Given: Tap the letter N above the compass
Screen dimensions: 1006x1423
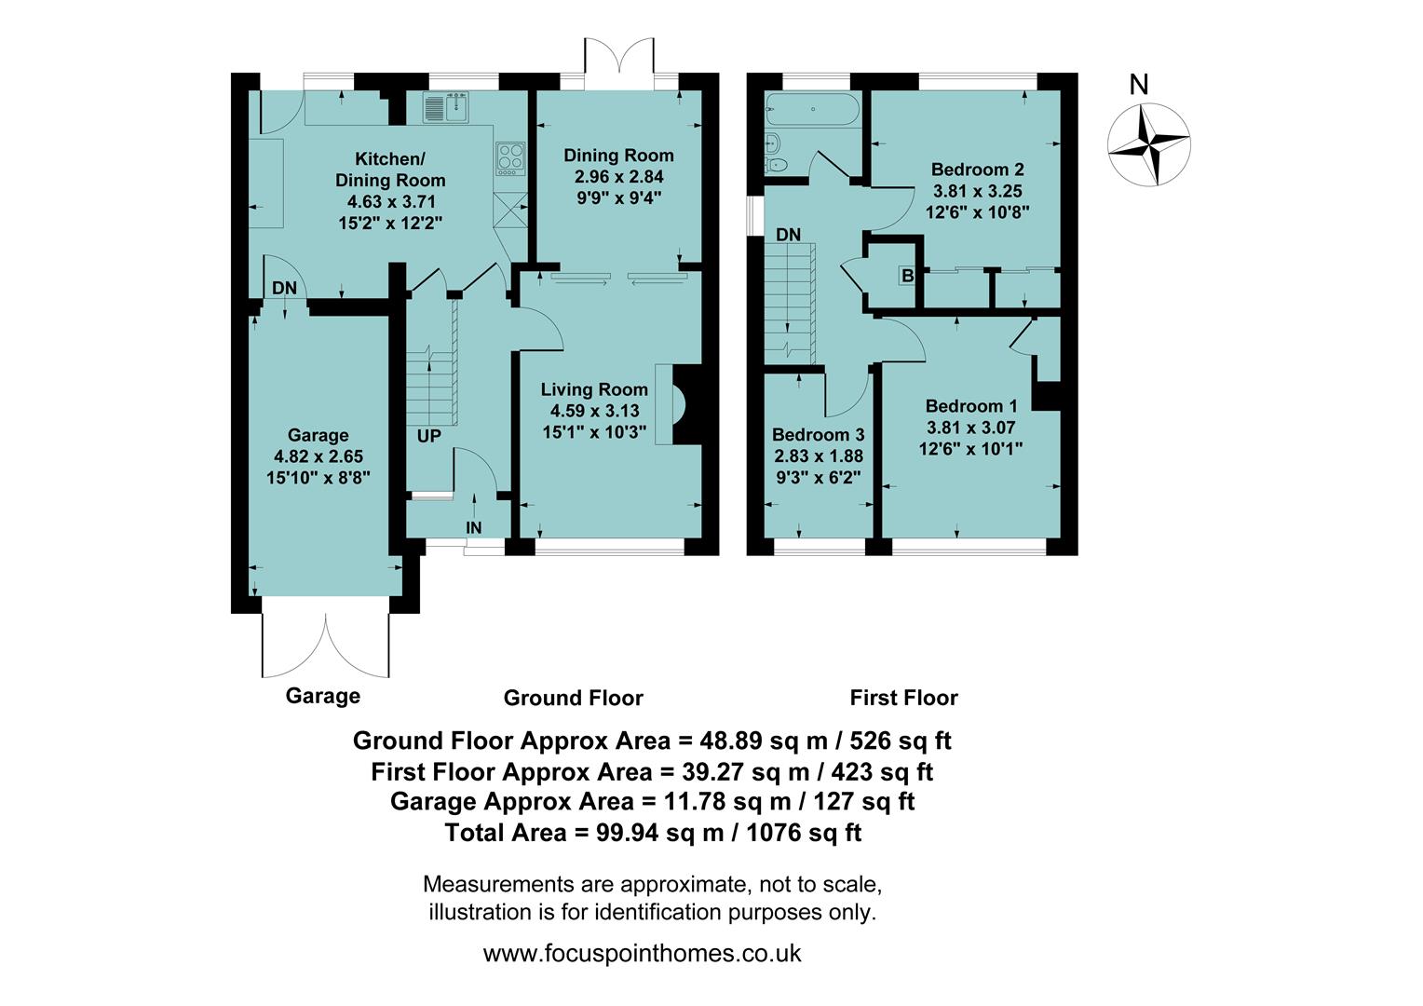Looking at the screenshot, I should point(1138,85).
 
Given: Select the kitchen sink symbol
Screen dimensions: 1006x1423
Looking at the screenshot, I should point(445,108).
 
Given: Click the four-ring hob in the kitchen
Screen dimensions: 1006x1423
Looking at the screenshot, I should point(510,158).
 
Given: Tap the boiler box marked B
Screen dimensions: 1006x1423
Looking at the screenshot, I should point(907,276).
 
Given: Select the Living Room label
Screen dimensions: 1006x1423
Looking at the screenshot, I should point(594,389).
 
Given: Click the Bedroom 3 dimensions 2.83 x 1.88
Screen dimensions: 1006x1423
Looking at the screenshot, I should point(819,456).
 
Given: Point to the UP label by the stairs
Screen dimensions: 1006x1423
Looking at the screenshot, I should point(428,436).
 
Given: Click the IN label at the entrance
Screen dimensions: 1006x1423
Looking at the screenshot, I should point(474,528).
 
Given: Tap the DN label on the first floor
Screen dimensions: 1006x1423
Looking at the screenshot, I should point(789,235).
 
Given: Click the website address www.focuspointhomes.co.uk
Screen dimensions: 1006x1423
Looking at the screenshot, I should point(643,954).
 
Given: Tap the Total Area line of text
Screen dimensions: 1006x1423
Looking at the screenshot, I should point(653,833).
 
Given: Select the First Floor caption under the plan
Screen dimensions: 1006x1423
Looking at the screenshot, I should point(903,698).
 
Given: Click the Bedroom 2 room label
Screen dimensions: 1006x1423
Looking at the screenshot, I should point(977,170).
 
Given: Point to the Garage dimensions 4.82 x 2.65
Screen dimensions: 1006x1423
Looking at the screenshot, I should point(318,456).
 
